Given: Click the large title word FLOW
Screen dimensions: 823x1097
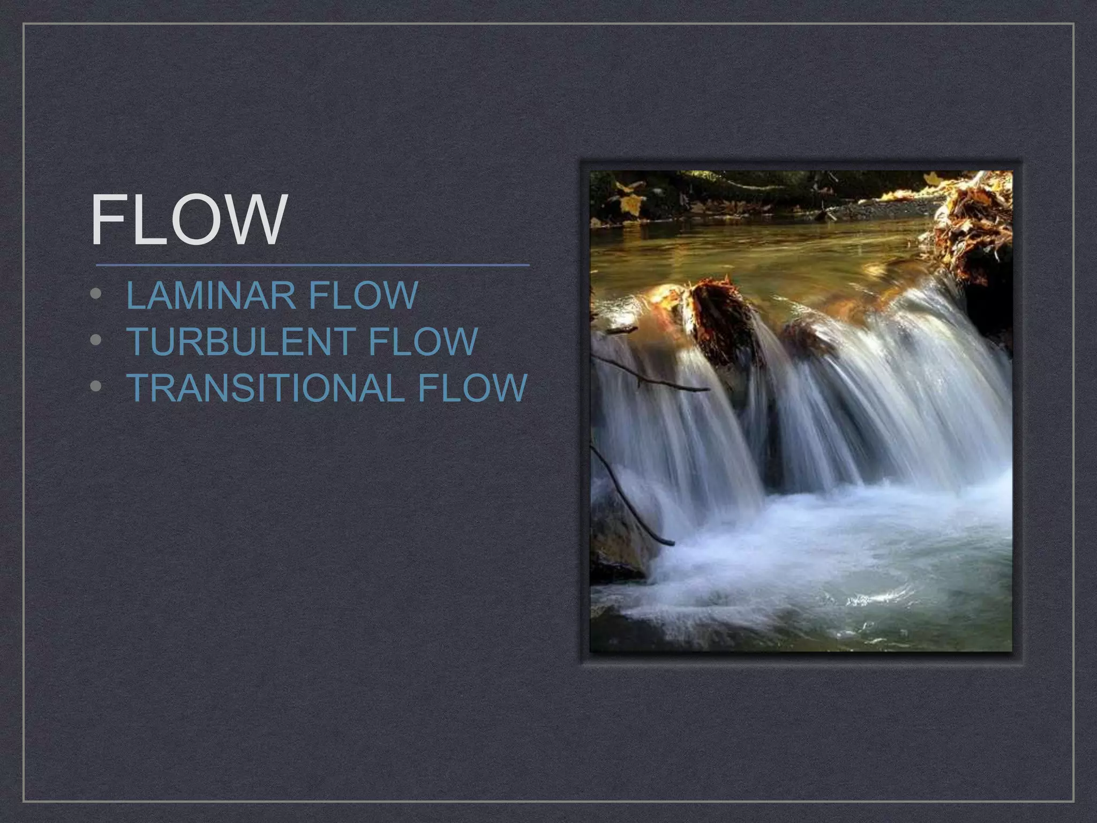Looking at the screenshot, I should click(189, 220).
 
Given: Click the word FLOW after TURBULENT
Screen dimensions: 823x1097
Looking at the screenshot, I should click(423, 341).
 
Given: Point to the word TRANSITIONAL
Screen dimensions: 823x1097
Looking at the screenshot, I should click(265, 387).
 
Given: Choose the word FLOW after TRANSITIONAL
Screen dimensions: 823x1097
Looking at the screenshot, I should click(472, 387).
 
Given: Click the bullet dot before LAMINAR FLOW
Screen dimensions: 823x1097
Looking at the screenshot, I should click(96, 294).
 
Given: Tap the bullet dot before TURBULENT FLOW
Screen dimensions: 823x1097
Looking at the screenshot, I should click(96, 340).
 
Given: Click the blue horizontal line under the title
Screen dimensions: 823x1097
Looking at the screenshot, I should click(313, 265).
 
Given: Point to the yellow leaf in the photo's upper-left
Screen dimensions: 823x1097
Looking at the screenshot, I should click(632, 204).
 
